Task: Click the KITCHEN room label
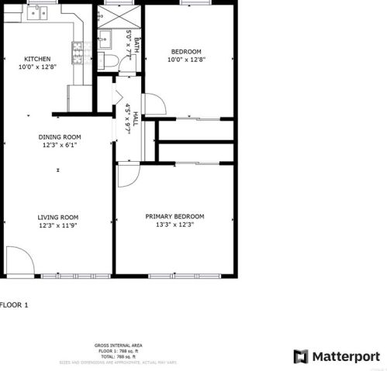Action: [x=37, y=59]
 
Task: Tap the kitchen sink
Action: [x=38, y=12]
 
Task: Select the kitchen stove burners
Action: [x=78, y=52]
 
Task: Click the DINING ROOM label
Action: [x=60, y=137]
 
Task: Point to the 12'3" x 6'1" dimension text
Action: [x=60, y=146]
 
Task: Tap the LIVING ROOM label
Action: [x=59, y=217]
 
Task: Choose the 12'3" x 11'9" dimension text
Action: [x=59, y=225]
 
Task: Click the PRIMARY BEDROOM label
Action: [x=174, y=216]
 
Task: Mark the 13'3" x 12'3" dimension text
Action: [x=174, y=225]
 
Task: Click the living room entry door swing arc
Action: [x=19, y=259]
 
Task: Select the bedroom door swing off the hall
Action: [x=152, y=105]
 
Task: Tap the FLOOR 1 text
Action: [x=14, y=305]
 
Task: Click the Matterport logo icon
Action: [x=300, y=356]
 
